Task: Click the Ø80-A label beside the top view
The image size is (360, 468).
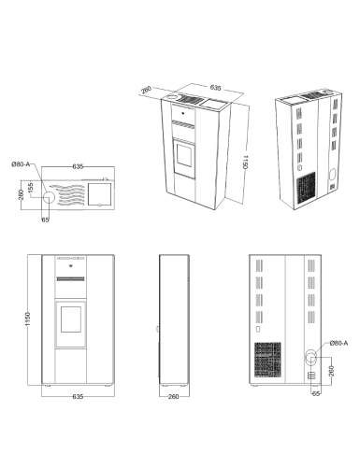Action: click(x=21, y=164)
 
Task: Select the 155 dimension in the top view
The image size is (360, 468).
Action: click(x=31, y=188)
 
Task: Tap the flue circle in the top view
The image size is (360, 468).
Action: click(x=49, y=197)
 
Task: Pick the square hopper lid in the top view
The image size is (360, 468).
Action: click(x=99, y=194)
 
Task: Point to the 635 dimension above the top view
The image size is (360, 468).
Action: click(x=78, y=166)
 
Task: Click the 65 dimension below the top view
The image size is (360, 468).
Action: click(x=45, y=220)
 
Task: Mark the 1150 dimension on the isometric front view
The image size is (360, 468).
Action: click(x=245, y=162)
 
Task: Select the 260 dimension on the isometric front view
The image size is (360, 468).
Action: click(x=146, y=90)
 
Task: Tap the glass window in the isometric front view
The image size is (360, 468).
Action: click(x=184, y=155)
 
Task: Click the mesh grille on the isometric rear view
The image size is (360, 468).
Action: click(x=306, y=188)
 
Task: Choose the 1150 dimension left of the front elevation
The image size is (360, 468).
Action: click(x=28, y=319)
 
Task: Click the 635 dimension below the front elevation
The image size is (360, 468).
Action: click(x=78, y=397)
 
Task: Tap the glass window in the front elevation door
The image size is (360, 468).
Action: click(x=71, y=319)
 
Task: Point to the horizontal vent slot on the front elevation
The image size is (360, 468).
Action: click(x=70, y=278)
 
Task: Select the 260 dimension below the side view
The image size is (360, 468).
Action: click(x=173, y=397)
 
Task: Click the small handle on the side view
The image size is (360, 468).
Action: click(x=158, y=329)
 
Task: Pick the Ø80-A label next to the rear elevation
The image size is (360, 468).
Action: click(x=338, y=343)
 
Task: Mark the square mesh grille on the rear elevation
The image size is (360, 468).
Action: click(x=267, y=360)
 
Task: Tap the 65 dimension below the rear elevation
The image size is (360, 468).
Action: click(x=316, y=394)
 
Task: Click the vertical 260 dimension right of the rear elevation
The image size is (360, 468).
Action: click(x=331, y=371)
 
